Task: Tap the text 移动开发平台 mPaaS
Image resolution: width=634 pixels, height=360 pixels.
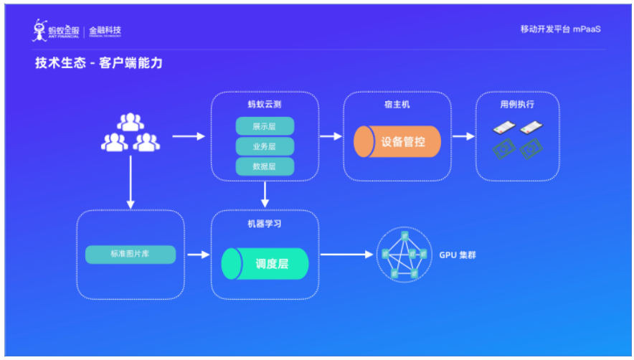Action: (559, 29)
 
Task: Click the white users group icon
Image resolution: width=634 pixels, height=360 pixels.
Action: (130, 133)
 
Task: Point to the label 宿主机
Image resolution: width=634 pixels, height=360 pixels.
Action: (397, 105)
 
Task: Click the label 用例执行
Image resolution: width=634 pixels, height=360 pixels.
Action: (517, 105)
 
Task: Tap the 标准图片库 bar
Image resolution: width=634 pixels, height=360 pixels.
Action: (130, 255)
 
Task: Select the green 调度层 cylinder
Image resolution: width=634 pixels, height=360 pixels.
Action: (265, 263)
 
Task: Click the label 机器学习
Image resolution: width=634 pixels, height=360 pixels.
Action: (264, 224)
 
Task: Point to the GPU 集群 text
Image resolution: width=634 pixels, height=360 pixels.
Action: (456, 255)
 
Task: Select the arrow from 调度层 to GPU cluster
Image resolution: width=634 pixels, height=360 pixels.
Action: (348, 255)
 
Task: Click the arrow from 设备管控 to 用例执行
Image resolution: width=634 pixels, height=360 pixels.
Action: (463, 136)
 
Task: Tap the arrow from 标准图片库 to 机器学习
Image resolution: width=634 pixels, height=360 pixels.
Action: (197, 255)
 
